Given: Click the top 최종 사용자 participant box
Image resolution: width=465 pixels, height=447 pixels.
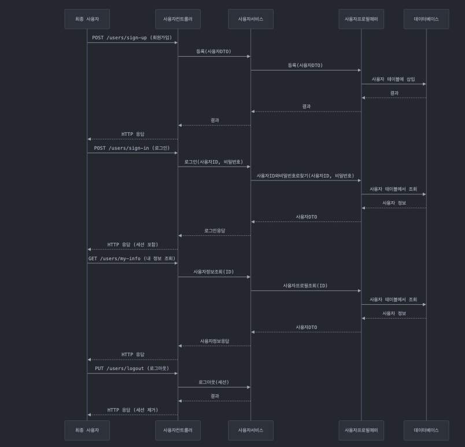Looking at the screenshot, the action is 87,19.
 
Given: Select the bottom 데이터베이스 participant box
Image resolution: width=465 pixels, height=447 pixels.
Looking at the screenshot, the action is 426,430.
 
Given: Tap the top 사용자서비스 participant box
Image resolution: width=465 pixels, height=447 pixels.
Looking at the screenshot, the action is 250,19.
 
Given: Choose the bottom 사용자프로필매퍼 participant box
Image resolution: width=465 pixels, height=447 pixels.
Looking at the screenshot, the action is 361,430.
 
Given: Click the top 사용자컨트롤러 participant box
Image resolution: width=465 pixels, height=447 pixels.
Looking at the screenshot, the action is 178,19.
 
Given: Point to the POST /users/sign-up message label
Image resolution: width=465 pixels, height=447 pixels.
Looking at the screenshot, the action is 132,38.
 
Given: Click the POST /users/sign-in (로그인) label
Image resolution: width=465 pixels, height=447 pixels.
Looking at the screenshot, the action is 132,148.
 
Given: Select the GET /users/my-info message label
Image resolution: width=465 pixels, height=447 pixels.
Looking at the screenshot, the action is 132,258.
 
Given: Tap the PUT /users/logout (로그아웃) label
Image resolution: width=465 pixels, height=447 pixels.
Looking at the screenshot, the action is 132,368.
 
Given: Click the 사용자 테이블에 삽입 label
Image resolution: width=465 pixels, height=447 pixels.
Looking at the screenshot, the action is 393,79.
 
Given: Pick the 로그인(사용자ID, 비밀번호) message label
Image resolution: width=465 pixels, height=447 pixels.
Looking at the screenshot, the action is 213,162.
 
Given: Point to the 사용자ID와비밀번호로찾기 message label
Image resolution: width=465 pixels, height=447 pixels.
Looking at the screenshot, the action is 305,175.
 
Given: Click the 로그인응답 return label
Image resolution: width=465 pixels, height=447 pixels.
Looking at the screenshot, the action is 215,231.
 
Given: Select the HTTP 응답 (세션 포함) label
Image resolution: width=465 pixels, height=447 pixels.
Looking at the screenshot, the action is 132,245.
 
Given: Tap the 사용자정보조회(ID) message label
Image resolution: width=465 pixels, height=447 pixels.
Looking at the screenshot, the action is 213,272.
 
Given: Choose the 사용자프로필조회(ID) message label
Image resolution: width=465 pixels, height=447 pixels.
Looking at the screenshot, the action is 305,286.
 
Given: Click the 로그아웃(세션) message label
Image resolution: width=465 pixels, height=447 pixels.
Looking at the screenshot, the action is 213,382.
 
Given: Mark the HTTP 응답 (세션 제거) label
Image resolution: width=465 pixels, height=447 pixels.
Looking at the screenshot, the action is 132,410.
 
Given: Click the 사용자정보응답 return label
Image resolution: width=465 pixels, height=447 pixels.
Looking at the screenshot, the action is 215,341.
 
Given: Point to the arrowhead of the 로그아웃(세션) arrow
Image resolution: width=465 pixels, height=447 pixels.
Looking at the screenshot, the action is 249,387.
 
